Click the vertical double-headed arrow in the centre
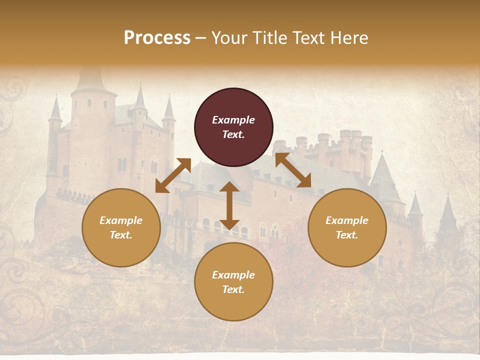229,205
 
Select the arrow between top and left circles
173,175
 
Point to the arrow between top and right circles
293,170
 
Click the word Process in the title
157,37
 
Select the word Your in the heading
228,37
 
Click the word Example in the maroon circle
233,120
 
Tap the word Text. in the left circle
121,235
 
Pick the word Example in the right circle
347,220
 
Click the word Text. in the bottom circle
233,289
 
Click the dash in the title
200,38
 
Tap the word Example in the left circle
121,220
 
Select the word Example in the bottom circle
233,275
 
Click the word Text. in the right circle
347,235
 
